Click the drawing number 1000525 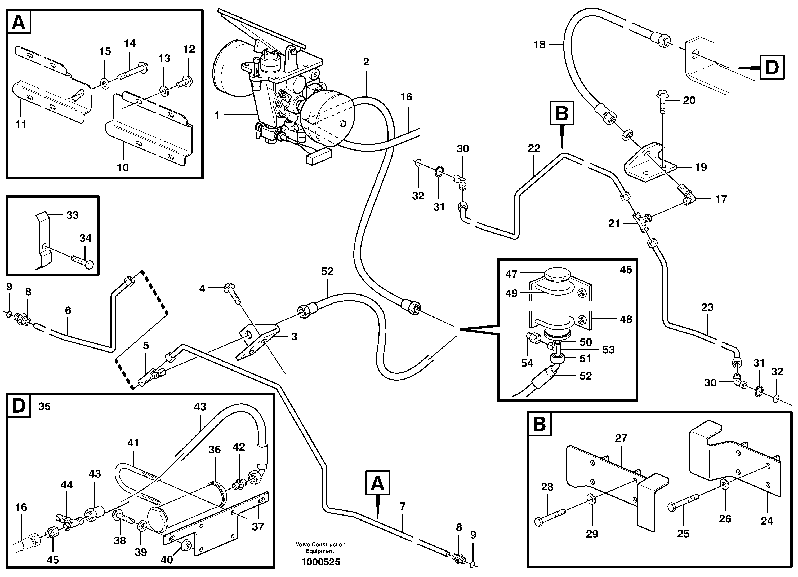coord(320,562)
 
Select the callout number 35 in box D coord(44,407)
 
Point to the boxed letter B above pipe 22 coord(562,113)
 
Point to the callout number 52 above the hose coord(327,271)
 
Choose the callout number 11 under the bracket coord(21,124)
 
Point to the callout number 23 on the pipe coord(707,307)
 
